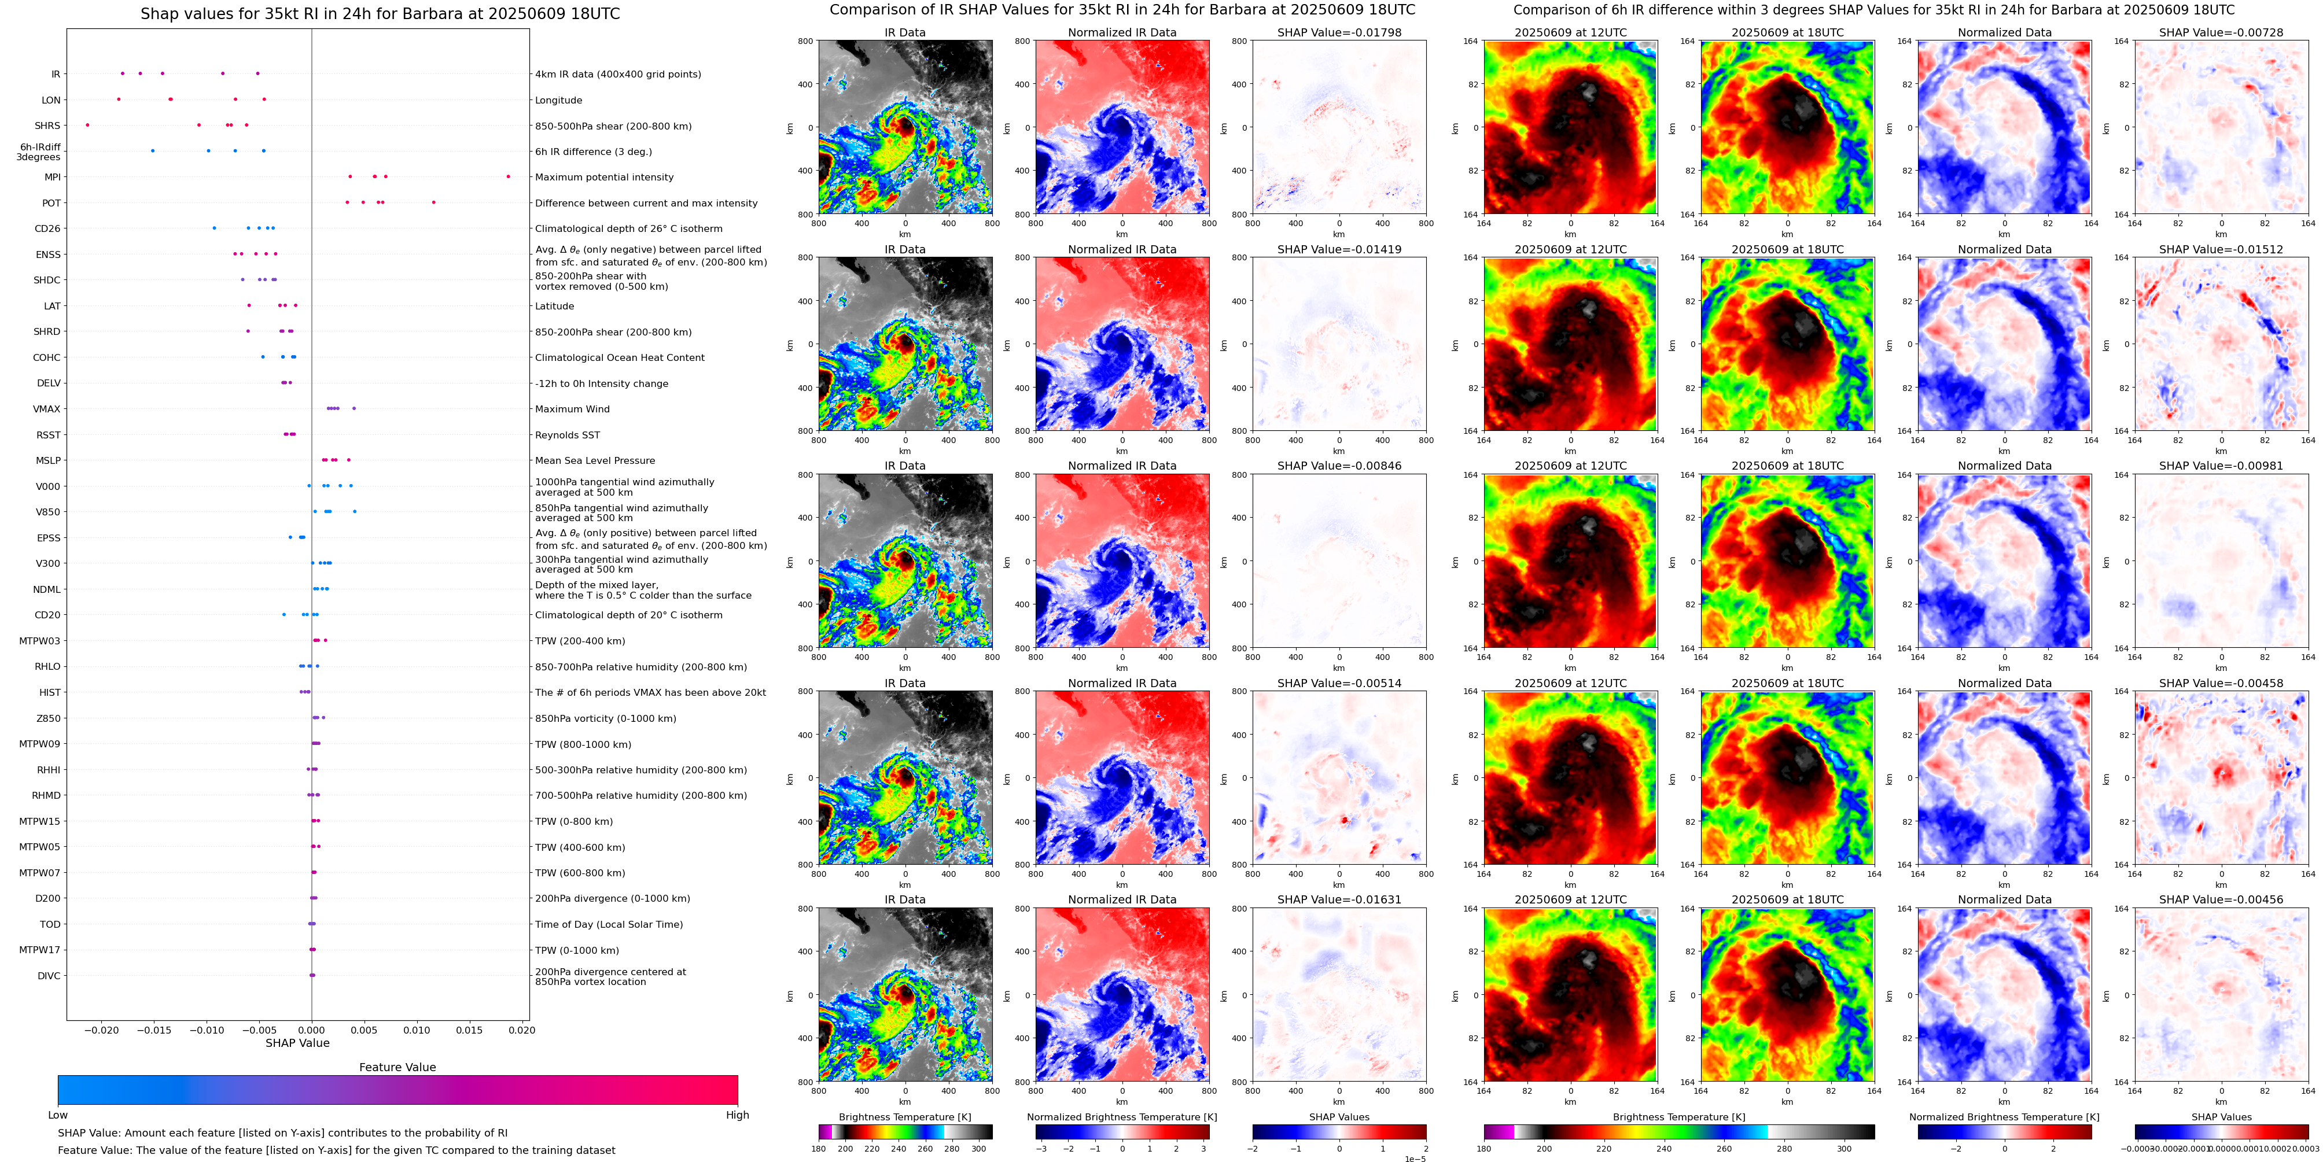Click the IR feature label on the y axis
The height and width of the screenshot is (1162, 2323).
(x=55, y=75)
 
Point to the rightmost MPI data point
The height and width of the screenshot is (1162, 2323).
(x=508, y=176)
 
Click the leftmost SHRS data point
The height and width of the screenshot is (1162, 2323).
(x=87, y=126)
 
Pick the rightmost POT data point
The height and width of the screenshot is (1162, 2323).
(x=434, y=203)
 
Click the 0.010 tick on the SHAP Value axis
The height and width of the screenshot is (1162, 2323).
(x=417, y=1030)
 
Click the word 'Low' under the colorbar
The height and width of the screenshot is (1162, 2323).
(x=58, y=1115)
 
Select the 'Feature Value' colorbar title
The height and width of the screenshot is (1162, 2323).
(x=397, y=1067)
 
